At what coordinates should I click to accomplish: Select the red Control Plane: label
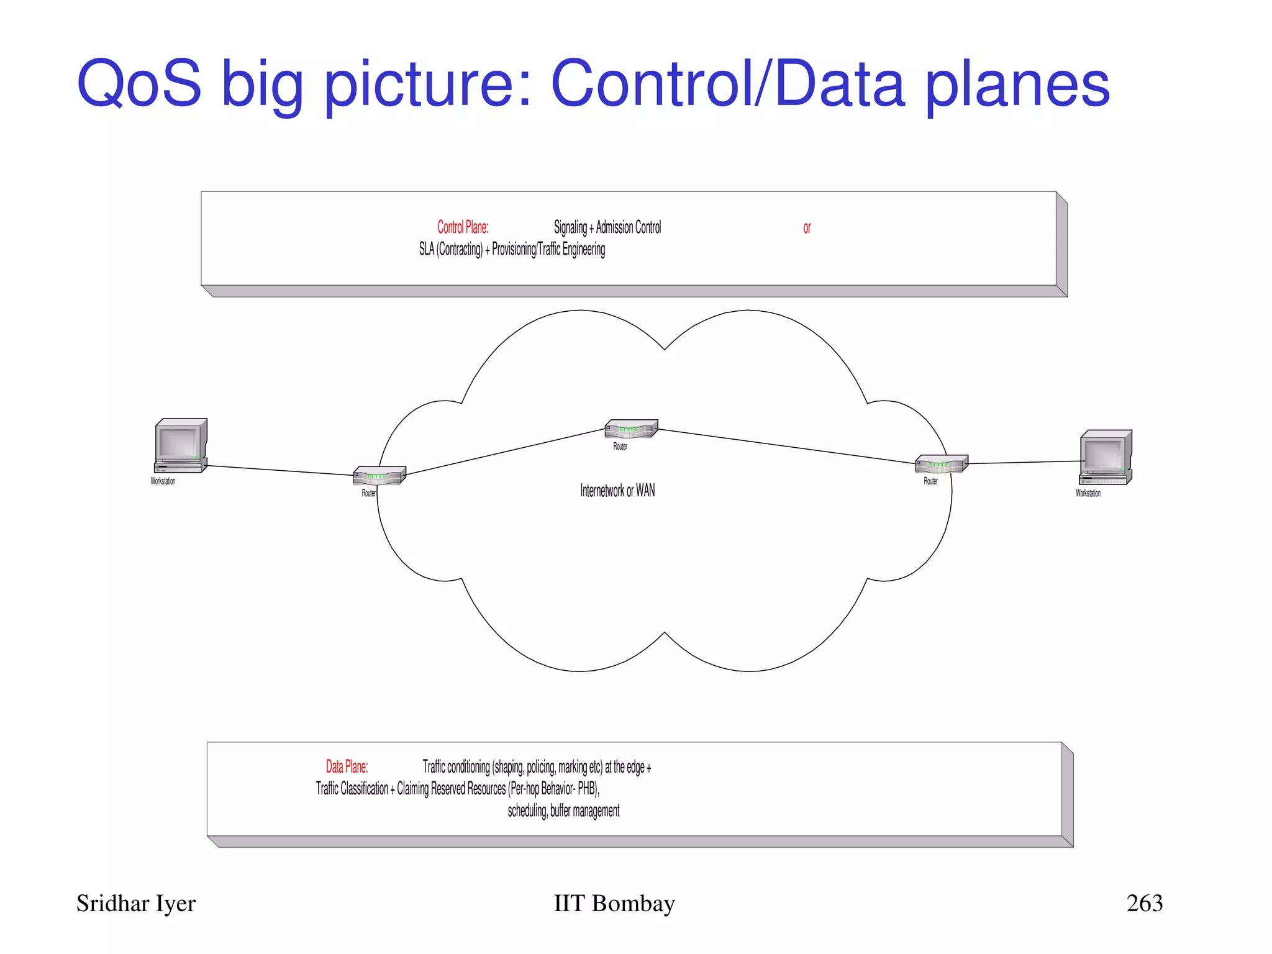click(x=463, y=227)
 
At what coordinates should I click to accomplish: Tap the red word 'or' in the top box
click(x=807, y=228)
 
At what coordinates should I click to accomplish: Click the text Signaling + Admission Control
click(x=607, y=227)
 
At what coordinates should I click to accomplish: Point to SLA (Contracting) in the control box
click(x=450, y=249)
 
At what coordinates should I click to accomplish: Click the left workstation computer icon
click(x=180, y=446)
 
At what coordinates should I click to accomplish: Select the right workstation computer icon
click(x=1106, y=457)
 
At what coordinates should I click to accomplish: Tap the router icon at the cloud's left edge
click(x=379, y=476)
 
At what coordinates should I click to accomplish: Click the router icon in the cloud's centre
click(x=630, y=429)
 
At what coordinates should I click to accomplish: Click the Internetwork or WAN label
click(x=617, y=491)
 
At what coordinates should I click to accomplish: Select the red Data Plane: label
click(x=347, y=766)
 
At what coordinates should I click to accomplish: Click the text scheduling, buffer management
click(x=563, y=811)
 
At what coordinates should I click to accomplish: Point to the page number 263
click(x=1144, y=903)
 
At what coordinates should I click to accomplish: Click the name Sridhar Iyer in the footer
click(x=135, y=904)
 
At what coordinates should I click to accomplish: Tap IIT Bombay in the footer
click(x=614, y=904)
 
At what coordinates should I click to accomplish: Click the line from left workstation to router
click(x=279, y=470)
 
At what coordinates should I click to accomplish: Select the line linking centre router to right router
click(x=786, y=446)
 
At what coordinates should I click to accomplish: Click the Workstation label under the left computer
click(x=163, y=481)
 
